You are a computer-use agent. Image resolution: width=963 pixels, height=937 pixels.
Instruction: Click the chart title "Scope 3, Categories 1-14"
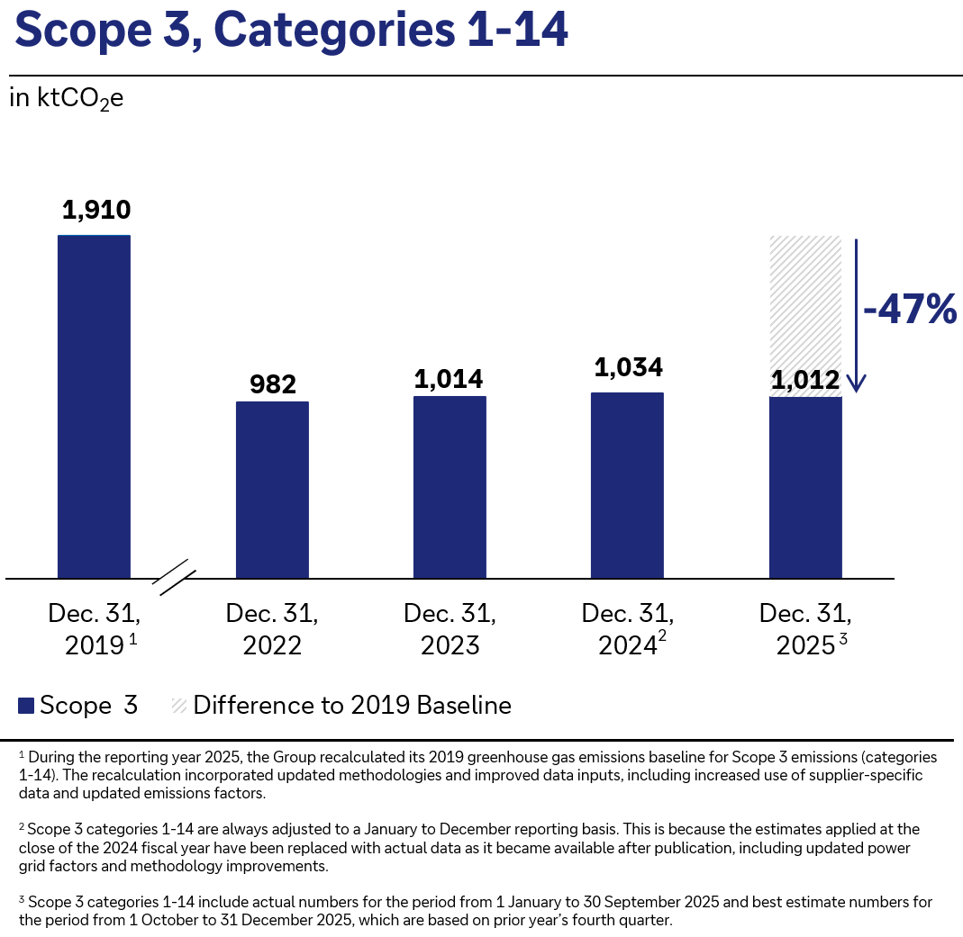coord(292,31)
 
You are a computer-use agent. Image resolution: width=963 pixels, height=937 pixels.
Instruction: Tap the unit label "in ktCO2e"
coord(66,98)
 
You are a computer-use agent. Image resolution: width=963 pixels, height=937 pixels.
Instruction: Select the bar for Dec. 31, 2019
coord(94,406)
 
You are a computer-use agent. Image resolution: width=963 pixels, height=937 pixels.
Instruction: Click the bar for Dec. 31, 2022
coord(272,490)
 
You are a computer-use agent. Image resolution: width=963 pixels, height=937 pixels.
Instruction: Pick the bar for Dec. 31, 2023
coord(450,487)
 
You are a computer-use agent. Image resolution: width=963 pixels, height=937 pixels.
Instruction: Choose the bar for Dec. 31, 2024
coord(627,485)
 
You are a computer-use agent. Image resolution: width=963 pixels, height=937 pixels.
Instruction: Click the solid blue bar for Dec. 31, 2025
coord(805,487)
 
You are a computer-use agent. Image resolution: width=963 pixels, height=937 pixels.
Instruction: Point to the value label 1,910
coord(96,211)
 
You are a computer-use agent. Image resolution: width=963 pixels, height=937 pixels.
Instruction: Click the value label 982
coord(272,384)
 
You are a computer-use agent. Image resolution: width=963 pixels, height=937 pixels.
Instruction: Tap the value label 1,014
coord(450,379)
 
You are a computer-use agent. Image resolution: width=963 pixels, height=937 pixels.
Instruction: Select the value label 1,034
coord(628,367)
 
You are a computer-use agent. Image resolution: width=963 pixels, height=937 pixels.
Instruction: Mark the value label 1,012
coord(804,381)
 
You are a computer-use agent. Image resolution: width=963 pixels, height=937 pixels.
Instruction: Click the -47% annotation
coord(909,310)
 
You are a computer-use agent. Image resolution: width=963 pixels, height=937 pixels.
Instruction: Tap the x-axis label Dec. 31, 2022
coord(272,629)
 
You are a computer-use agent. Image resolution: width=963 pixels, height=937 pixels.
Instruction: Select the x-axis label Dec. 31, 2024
coord(628,629)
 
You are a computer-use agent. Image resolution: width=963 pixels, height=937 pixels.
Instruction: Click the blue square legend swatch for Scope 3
coord(26,706)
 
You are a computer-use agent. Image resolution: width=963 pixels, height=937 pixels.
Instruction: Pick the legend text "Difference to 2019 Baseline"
coord(352,706)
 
